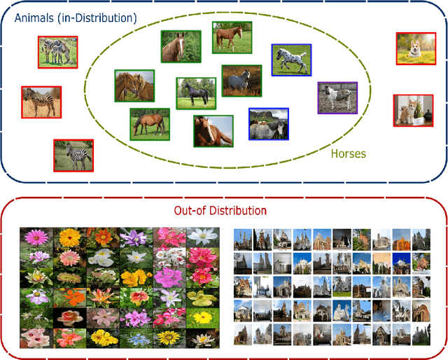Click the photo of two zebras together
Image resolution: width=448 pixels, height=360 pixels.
tap(57, 51)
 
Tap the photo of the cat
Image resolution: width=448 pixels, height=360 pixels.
tap(413, 110)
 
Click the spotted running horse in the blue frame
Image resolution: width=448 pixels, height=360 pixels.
tap(291, 60)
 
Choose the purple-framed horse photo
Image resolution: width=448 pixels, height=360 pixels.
tap(337, 97)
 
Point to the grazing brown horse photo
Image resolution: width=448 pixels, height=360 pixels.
tap(149, 124)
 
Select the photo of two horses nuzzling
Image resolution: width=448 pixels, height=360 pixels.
tap(134, 85)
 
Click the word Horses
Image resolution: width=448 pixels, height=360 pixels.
tap(348, 153)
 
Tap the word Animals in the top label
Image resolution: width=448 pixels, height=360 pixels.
tap(34, 17)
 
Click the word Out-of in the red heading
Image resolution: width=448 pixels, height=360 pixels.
tap(187, 210)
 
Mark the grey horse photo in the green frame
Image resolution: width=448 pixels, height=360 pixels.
tap(241, 81)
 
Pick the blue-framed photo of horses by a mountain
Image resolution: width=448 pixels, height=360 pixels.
tap(269, 124)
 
